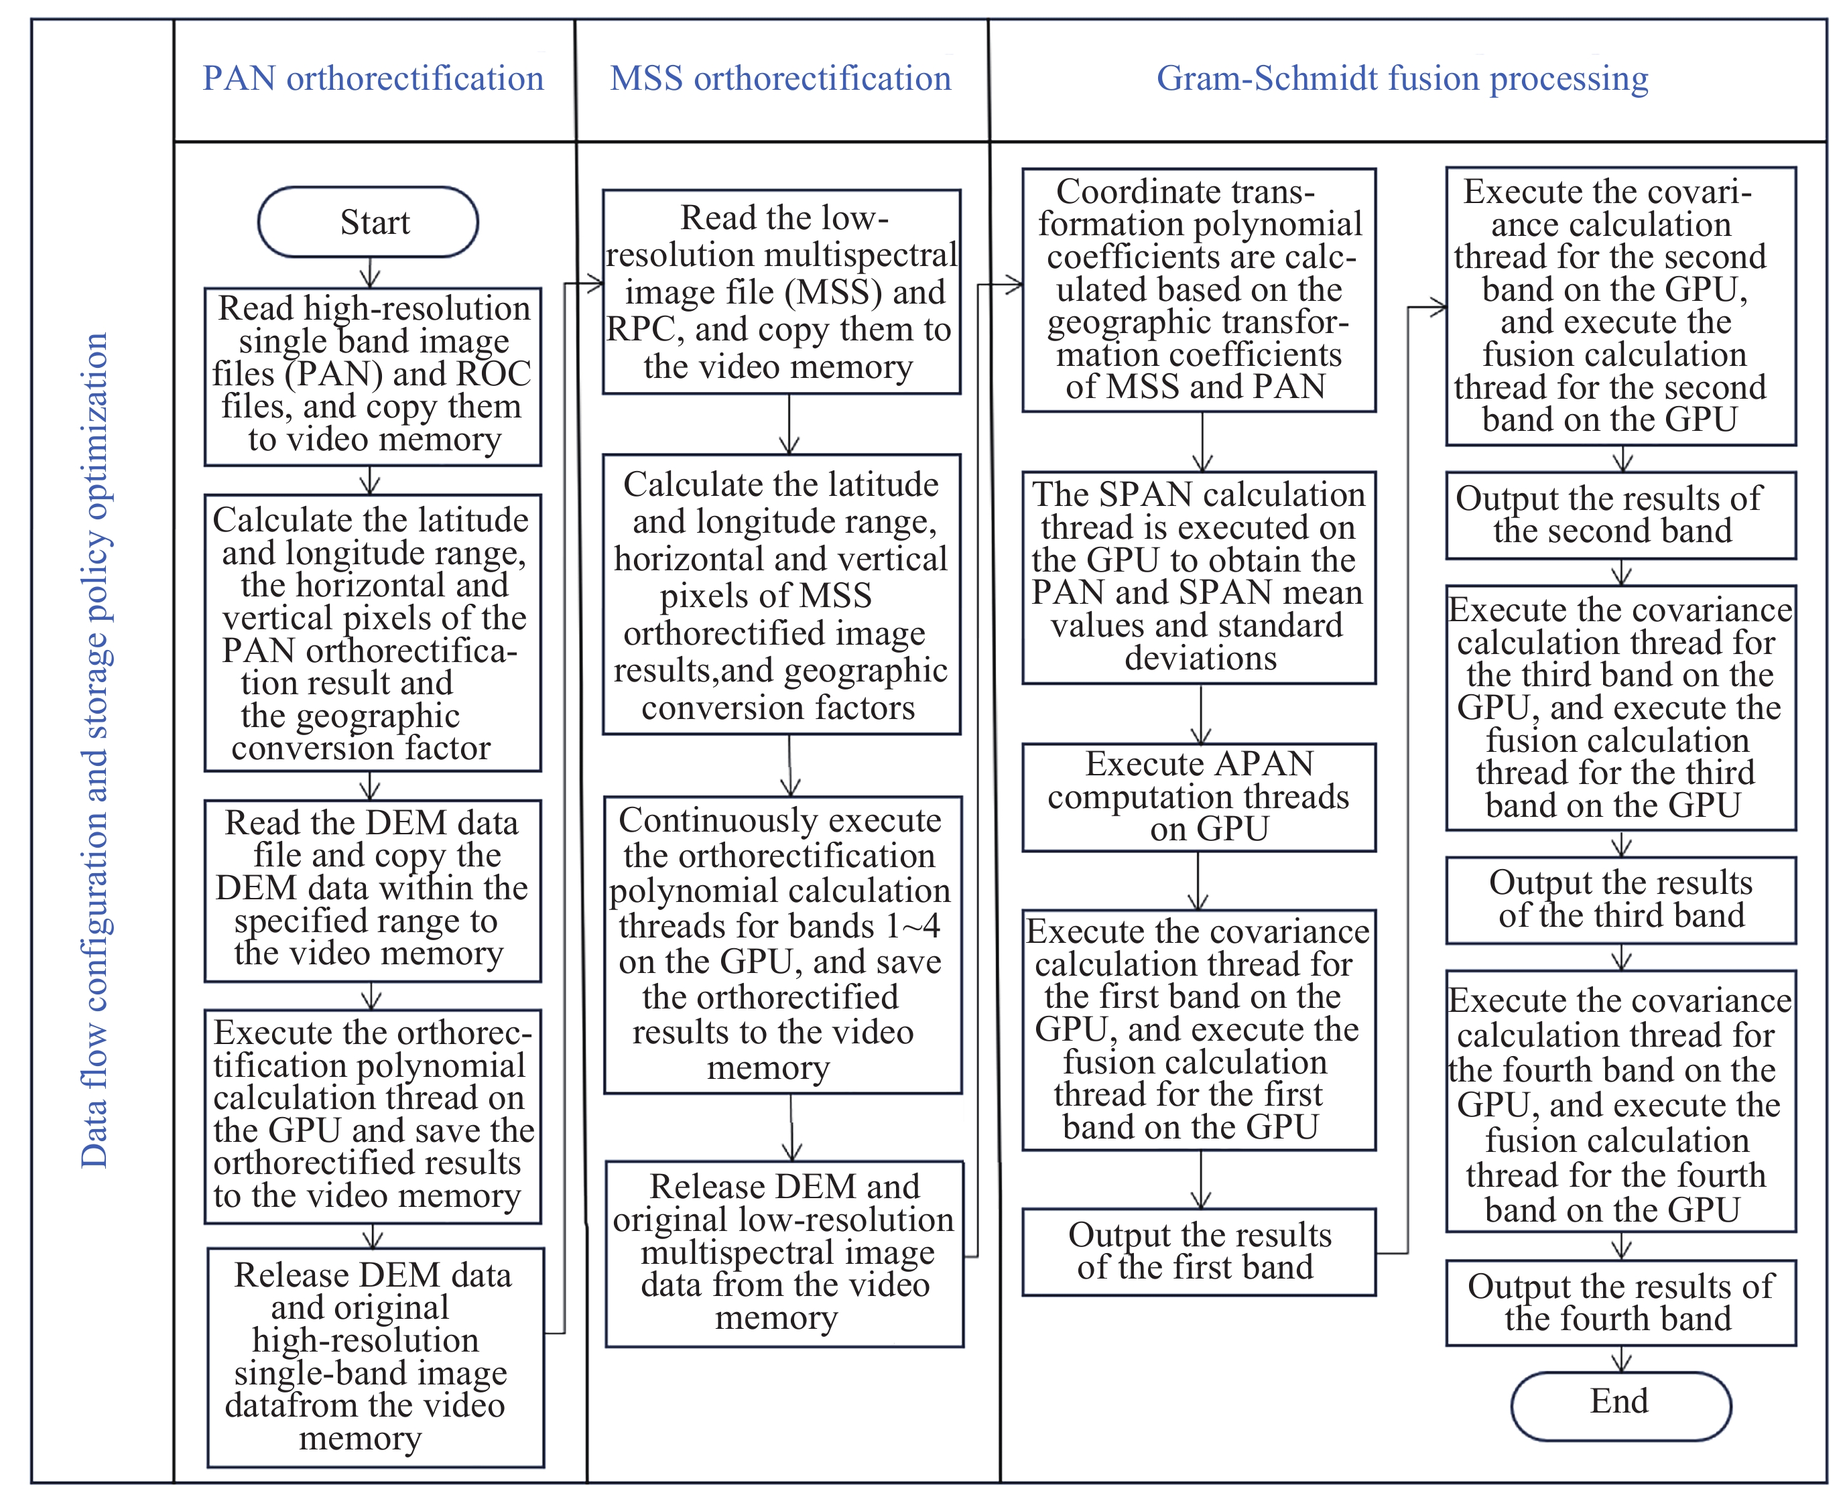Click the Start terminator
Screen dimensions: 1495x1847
[x=368, y=222]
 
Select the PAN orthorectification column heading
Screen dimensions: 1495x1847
[x=373, y=79]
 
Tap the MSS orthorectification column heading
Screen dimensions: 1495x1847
[x=780, y=79]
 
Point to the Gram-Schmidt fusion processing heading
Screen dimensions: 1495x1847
[x=1402, y=79]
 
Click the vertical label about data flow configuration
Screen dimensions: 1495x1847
[x=94, y=749]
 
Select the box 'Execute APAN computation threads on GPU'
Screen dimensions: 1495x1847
[x=1199, y=797]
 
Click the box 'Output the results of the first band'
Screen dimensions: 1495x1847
[x=1199, y=1251]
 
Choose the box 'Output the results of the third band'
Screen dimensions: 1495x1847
[x=1620, y=900]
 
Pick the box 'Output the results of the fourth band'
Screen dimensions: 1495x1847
[x=1620, y=1303]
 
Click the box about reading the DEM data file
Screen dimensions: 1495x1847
[x=372, y=891]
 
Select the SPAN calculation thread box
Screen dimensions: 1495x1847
[x=1199, y=577]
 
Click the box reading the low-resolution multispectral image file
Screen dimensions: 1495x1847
[x=781, y=292]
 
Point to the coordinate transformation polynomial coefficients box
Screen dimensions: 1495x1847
[x=1199, y=290]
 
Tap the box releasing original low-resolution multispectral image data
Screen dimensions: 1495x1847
[x=783, y=1253]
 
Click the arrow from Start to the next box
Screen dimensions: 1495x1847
[x=370, y=272]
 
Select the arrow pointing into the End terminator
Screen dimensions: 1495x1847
[x=1621, y=1359]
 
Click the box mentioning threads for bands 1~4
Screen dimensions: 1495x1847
[x=782, y=945]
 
